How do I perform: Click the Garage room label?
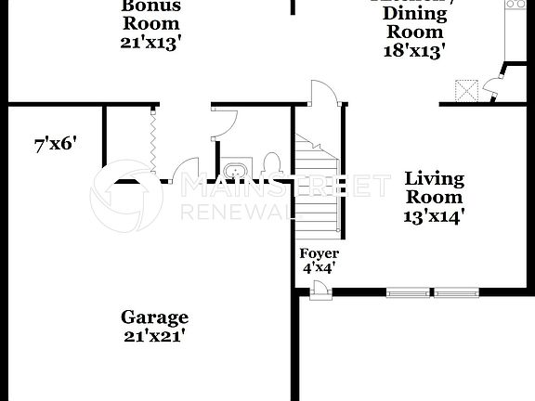(x=154, y=317)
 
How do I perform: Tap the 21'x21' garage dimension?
(x=154, y=335)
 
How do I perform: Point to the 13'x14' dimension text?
(x=434, y=216)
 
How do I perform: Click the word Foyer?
(x=319, y=253)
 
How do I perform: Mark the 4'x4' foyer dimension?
(x=319, y=268)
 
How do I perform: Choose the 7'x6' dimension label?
(x=55, y=144)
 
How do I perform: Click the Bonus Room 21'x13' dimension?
(x=150, y=43)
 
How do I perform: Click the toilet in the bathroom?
(x=272, y=165)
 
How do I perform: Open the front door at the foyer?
(x=320, y=293)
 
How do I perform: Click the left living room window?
(x=409, y=293)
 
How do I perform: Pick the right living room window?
(x=456, y=293)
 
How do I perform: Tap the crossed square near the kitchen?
(x=466, y=91)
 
